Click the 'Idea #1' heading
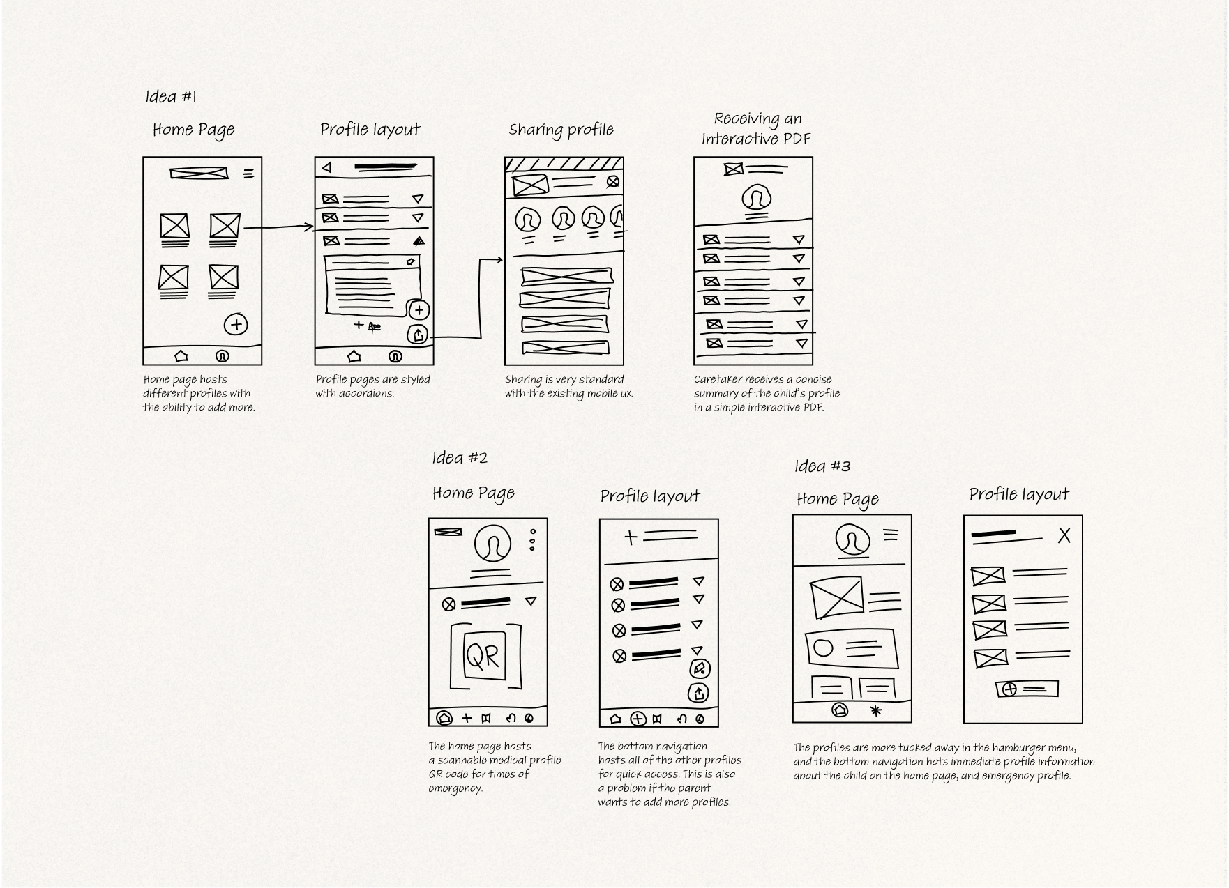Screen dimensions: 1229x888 (171, 96)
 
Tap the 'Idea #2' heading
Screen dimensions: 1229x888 (460, 458)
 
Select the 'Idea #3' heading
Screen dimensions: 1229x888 (822, 466)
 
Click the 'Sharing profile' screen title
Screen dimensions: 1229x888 (561, 130)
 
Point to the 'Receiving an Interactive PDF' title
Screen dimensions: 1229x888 (756, 128)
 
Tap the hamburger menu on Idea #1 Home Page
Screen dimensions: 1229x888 (248, 174)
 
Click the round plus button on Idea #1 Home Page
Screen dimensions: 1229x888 (236, 324)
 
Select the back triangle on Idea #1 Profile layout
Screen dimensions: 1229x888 (326, 167)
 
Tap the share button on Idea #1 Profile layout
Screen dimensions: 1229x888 (418, 335)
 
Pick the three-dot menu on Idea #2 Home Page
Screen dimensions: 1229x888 (533, 539)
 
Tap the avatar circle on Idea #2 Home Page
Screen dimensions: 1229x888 (492, 544)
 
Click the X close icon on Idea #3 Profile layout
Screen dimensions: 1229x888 (1064, 535)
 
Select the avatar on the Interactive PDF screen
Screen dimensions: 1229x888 (756, 199)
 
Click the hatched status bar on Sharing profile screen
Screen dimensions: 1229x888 (564, 164)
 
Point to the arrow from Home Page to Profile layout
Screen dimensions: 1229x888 (278, 227)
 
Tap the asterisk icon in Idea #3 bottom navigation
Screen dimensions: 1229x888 (876, 711)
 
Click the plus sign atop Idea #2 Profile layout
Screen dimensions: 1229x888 (631, 537)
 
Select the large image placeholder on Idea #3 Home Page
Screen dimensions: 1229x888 (836, 597)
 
